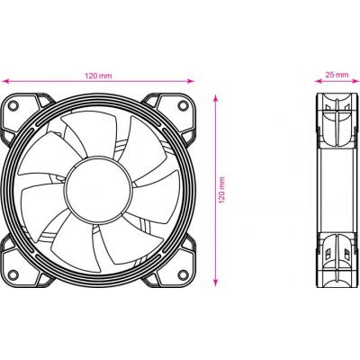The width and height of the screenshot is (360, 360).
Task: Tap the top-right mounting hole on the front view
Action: pos(184,105)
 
